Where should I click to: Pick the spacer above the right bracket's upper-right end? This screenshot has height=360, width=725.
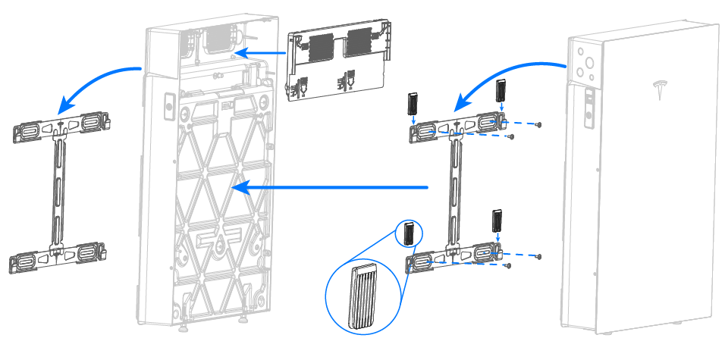tap(500, 91)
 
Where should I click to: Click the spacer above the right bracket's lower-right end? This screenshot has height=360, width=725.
tap(497, 220)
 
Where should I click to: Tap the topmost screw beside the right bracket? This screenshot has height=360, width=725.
tap(538, 124)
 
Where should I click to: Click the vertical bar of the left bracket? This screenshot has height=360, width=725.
tap(58, 189)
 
